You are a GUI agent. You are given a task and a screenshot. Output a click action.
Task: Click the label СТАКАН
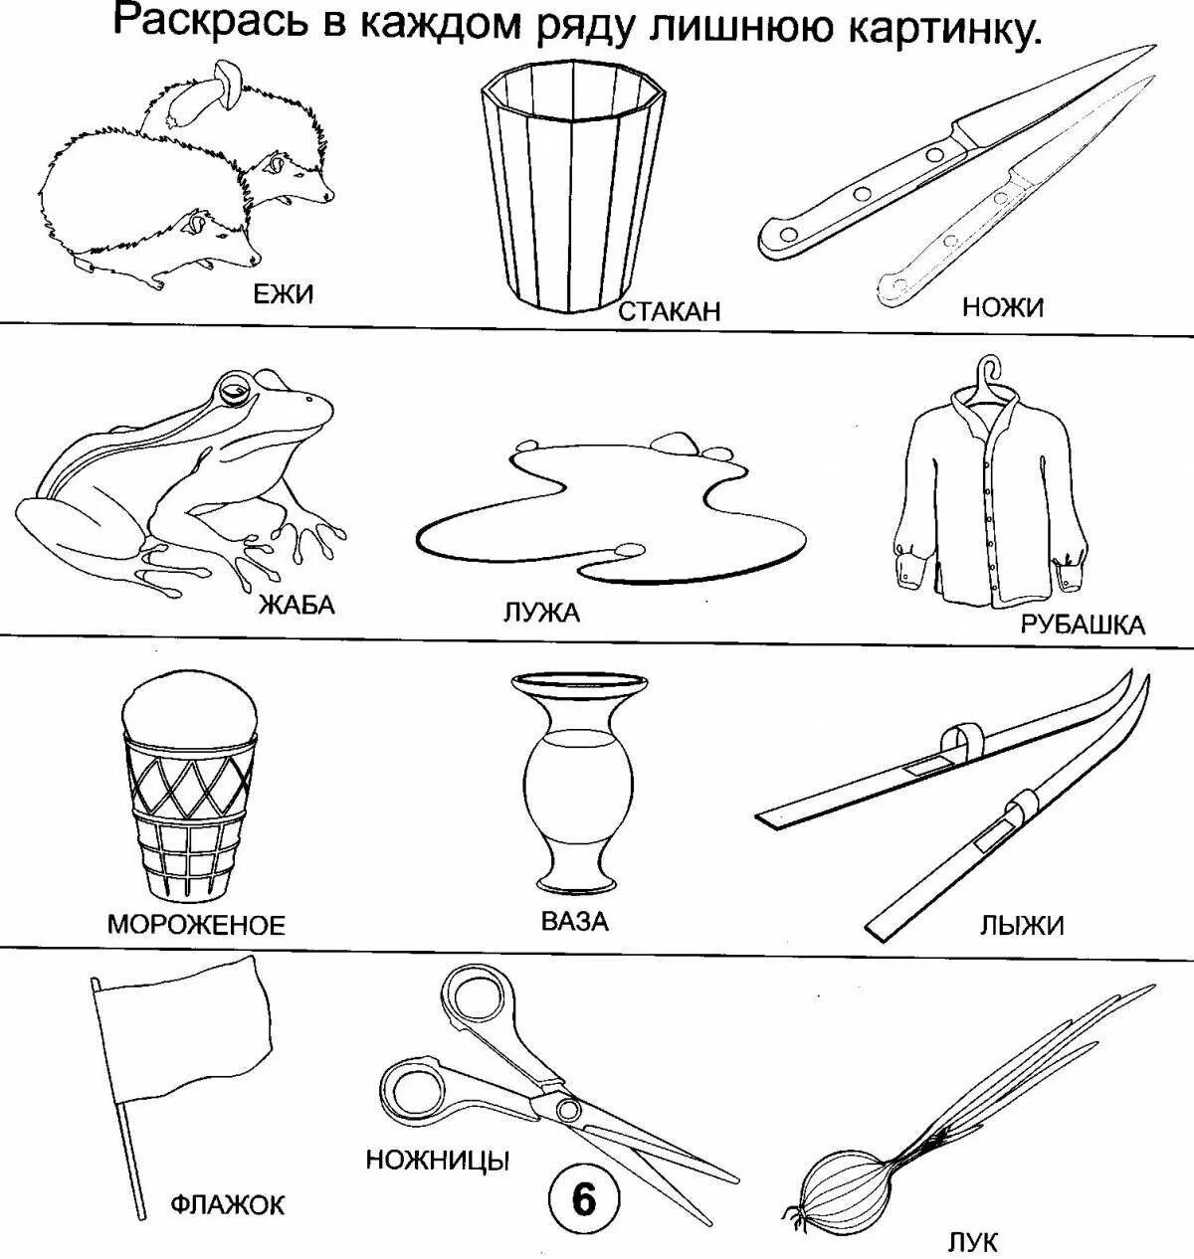coord(669,311)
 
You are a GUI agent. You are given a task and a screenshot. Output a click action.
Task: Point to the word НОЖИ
coord(1002,307)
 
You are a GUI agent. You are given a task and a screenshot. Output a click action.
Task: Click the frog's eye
coord(235,391)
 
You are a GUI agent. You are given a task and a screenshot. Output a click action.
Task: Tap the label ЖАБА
coord(297,604)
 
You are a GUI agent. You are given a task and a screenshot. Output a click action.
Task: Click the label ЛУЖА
coord(541,613)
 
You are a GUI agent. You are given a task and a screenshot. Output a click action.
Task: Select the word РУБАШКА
coord(1083,625)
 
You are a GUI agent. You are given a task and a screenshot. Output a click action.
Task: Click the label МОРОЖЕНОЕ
coord(196,925)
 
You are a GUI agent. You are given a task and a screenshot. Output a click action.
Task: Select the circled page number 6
coord(583,1200)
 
